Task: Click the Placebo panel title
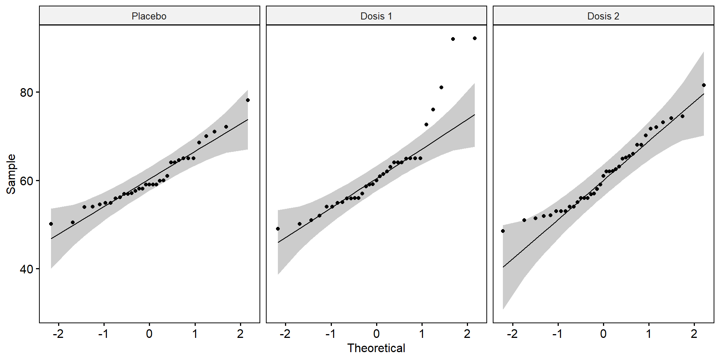tap(149, 16)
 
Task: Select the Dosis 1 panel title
tap(376, 16)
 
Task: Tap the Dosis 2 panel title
tap(603, 16)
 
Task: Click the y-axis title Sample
tap(11, 174)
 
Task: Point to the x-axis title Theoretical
tap(376, 348)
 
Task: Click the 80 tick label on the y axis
tap(27, 93)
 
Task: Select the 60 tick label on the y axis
tap(27, 181)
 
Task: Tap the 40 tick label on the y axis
tap(27, 269)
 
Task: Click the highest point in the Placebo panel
tap(247, 100)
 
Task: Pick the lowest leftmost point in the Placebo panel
tap(51, 224)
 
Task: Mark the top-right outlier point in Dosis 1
tap(474, 38)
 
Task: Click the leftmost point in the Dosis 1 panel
tap(278, 229)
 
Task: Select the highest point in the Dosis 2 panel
tap(703, 85)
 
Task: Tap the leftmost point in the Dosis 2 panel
tap(503, 231)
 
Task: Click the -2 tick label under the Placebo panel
tap(58, 334)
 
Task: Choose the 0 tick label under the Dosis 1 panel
tap(376, 334)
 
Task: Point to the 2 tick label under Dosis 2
tap(694, 334)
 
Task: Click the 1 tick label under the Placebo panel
tap(195, 334)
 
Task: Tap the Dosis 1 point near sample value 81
tap(441, 87)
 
